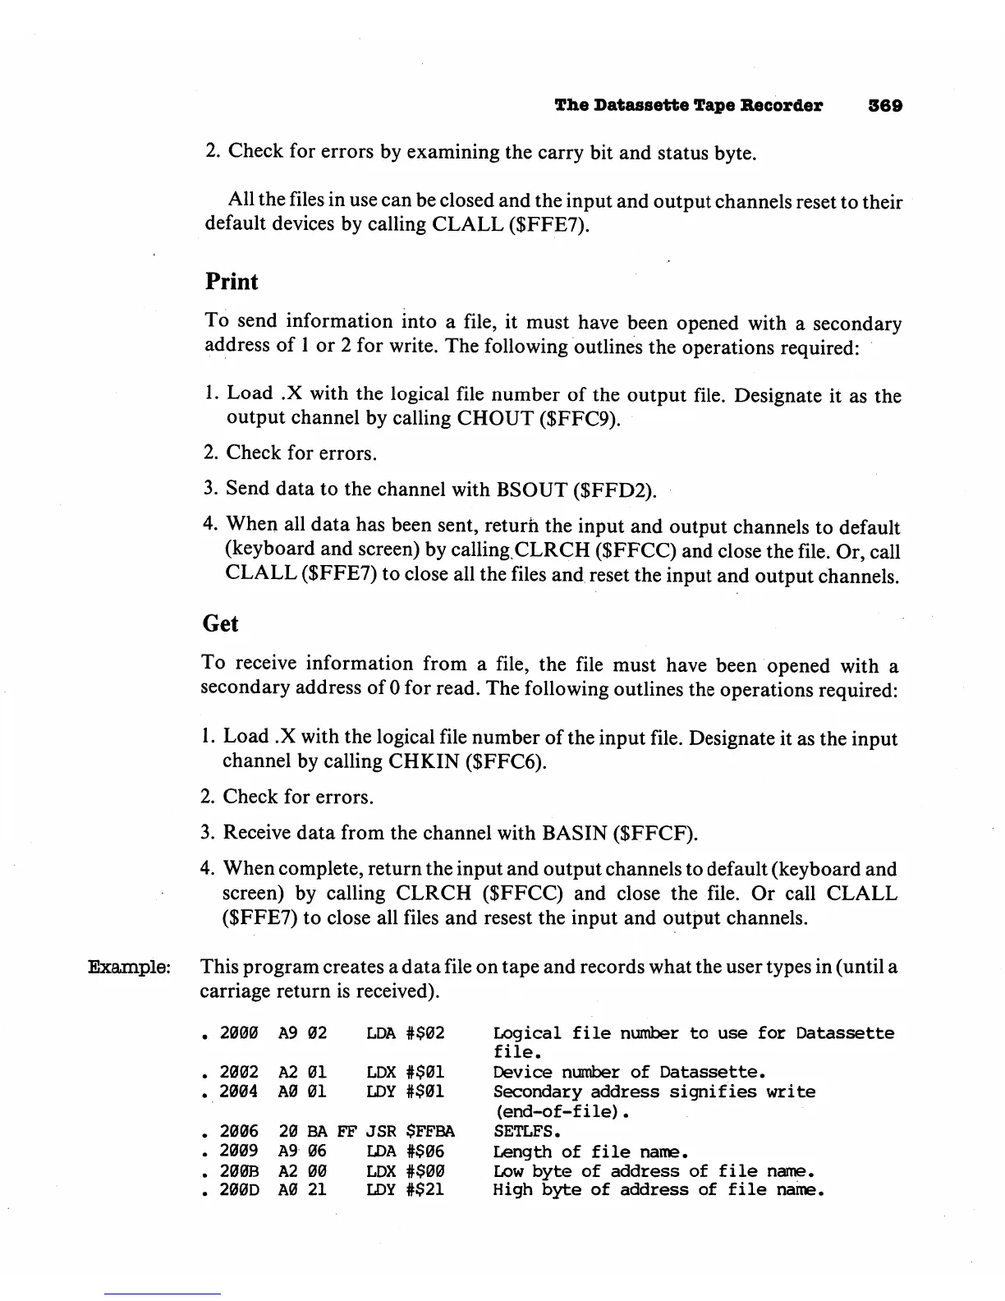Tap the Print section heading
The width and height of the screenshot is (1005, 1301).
coord(231,282)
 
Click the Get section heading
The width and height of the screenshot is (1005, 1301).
coord(220,624)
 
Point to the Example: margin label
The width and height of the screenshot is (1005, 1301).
coord(129,967)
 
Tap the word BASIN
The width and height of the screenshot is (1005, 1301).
coord(574,834)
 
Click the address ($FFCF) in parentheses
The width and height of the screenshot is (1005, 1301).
coord(655,834)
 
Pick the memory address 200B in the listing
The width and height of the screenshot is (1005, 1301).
coord(239,1171)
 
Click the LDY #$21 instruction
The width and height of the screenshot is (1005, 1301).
coord(405,1189)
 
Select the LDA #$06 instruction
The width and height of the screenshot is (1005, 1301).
coord(405,1152)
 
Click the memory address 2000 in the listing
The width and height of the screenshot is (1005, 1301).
coord(239,1033)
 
